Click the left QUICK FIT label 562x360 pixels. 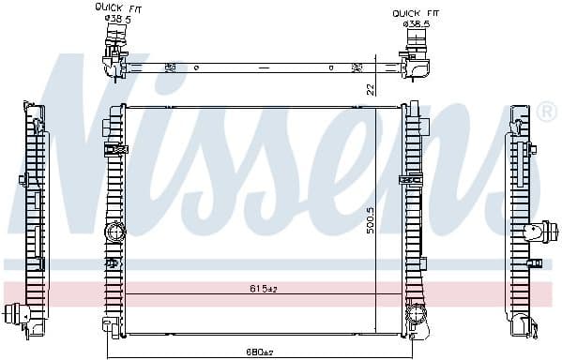point(115,7)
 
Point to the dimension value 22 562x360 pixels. point(371,88)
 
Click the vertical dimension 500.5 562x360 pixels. point(371,222)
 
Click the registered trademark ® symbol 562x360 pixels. point(548,112)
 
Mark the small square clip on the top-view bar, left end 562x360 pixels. point(170,67)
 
